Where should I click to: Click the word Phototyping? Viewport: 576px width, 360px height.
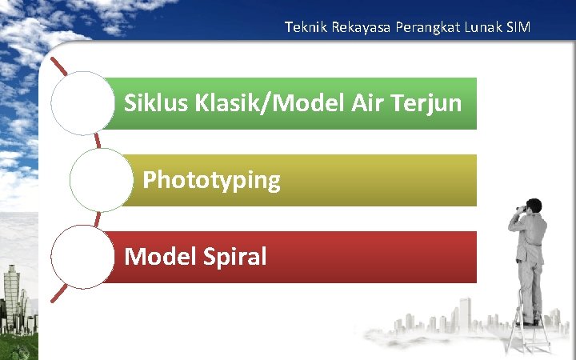click(x=211, y=180)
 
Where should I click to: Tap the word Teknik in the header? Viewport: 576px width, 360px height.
click(x=302, y=28)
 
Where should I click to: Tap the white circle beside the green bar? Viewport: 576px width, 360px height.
click(x=82, y=103)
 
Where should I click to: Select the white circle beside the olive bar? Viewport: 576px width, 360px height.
click(x=101, y=180)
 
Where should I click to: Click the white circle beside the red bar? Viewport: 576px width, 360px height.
click(x=82, y=257)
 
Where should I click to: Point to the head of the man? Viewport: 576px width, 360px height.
click(x=534, y=206)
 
